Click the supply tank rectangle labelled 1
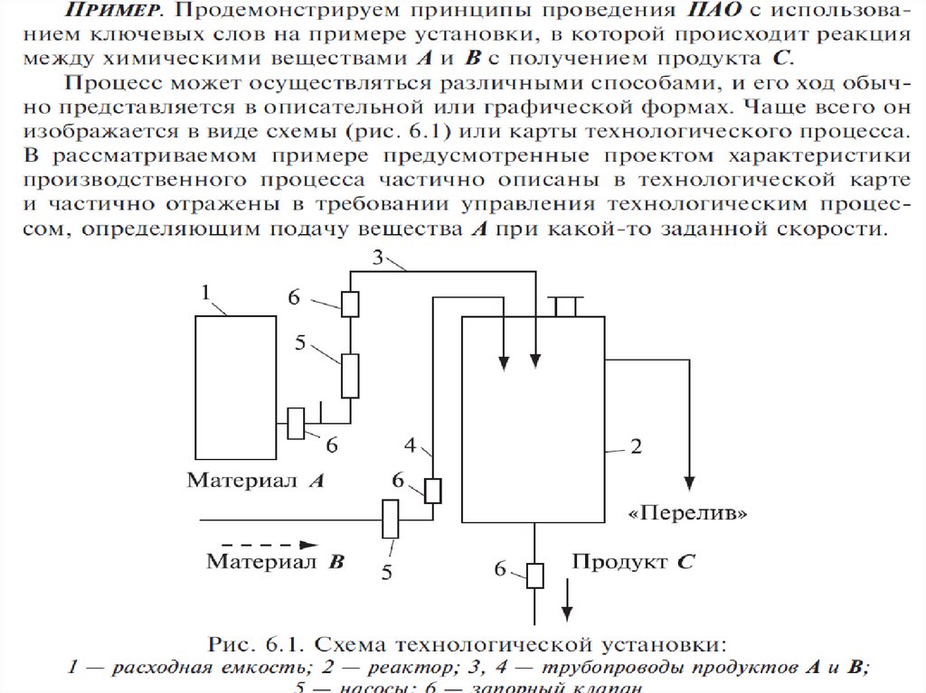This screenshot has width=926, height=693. coord(235,385)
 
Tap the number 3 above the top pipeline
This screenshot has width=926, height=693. coord(379,258)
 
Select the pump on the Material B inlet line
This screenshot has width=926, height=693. coord(391,520)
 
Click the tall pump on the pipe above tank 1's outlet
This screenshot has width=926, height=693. coord(350,375)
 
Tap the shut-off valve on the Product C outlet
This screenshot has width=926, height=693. coord(535,575)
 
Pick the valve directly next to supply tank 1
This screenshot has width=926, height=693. coord(296,423)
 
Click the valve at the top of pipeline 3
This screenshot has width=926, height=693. coord(351,304)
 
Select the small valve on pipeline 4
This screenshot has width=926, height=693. coord(433,490)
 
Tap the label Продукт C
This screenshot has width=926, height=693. coord(632,561)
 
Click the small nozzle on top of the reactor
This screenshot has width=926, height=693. coord(566,306)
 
